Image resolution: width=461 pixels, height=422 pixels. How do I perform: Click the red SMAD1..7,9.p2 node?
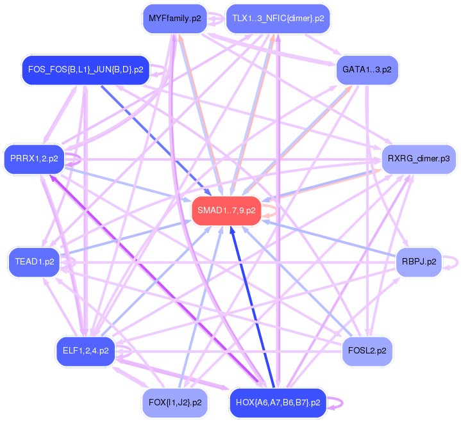[226, 211]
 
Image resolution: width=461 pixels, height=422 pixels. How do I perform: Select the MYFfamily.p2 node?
[174, 19]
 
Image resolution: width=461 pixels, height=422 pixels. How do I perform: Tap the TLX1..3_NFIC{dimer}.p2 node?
[278, 19]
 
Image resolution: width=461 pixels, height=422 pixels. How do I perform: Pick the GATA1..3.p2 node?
[367, 69]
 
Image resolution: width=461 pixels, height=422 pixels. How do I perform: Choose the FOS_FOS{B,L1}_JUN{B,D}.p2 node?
[85, 69]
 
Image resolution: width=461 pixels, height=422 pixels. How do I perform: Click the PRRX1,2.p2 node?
[35, 158]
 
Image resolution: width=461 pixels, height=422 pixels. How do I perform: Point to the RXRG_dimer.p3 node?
[418, 158]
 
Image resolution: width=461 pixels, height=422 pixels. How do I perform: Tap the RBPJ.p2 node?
[419, 262]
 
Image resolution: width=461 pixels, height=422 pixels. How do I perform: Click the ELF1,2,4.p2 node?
[85, 350]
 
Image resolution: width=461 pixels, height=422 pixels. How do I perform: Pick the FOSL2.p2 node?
[367, 350]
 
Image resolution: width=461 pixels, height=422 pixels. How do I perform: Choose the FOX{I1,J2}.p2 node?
[174, 402]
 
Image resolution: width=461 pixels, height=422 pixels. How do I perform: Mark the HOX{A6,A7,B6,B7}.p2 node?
[278, 402]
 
